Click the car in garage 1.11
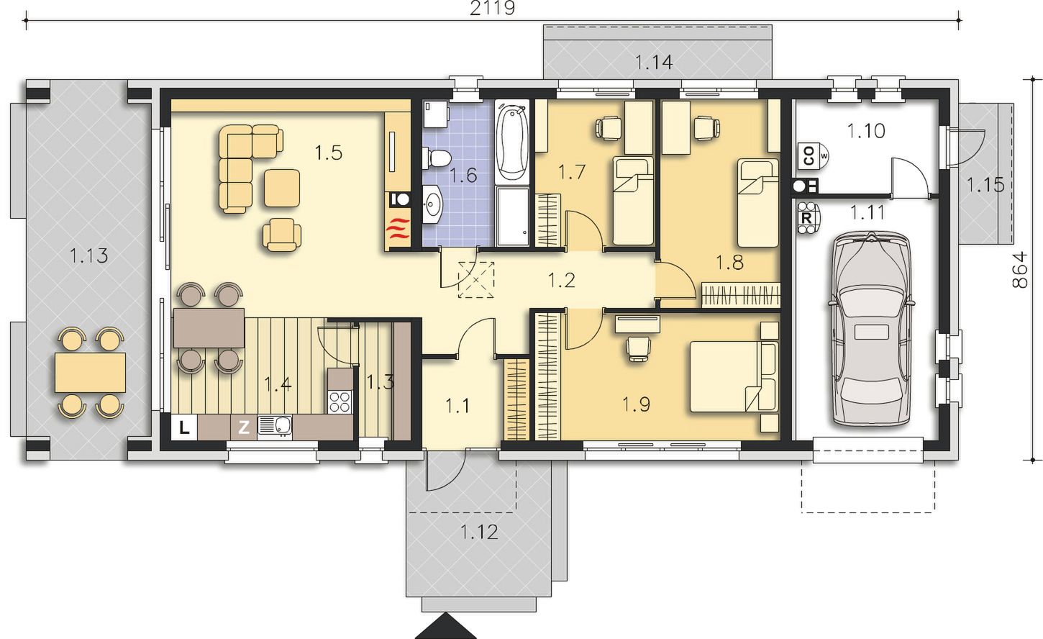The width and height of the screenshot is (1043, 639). tap(870, 329)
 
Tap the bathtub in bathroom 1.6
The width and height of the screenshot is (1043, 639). tap(511, 142)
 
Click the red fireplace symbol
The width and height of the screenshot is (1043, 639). tap(397, 229)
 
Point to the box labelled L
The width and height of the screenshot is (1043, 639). tap(185, 427)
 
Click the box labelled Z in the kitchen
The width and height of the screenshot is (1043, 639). tap(243, 427)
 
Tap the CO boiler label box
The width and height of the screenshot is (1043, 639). tap(808, 155)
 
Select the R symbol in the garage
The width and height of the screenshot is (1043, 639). tap(807, 217)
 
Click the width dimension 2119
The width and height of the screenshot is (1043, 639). tap(492, 8)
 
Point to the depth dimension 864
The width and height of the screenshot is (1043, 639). tap(1020, 269)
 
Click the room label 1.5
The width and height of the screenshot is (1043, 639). tap(329, 153)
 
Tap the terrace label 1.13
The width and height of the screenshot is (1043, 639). tap(88, 255)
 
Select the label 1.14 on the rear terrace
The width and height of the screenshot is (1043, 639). tap(654, 62)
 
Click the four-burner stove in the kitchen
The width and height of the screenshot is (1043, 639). tap(340, 402)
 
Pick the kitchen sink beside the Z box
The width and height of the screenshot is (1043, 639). tap(275, 427)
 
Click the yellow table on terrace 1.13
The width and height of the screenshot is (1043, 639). tap(91, 373)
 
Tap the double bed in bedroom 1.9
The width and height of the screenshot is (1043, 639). tap(734, 377)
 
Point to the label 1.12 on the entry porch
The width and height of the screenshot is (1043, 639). tap(479, 532)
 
